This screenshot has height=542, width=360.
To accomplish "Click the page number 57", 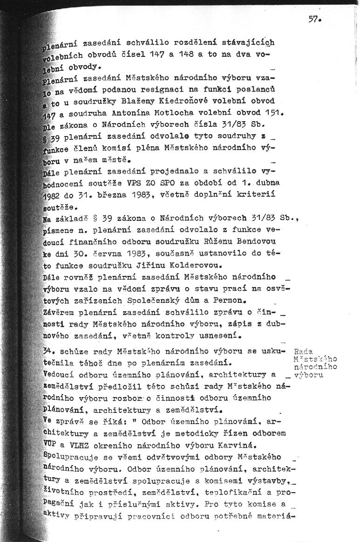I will pos(314,20).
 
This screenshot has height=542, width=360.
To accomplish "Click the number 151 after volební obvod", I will pos(274,112).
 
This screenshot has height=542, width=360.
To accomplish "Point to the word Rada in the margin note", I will pos(304,351).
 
